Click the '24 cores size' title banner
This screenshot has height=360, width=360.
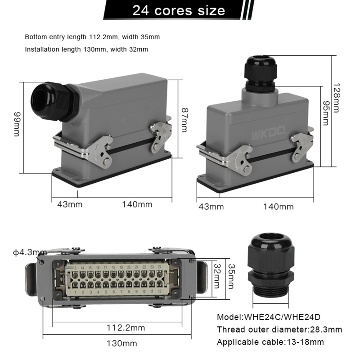click(179, 10)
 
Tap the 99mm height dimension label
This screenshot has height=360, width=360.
click(18, 124)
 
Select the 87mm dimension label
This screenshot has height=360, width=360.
click(184, 120)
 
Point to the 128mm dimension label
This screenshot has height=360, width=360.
click(336, 98)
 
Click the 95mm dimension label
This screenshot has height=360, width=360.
click(325, 113)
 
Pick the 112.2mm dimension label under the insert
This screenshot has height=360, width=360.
click(126, 328)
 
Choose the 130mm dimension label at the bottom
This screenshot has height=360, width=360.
click(121, 343)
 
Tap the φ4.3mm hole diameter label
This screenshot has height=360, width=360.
click(30, 252)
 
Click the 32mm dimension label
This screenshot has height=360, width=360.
click(217, 275)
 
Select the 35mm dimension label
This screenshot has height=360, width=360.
click(231, 276)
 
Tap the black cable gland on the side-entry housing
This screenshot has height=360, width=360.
click(54, 102)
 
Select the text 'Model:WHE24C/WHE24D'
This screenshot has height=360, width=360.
click(268, 317)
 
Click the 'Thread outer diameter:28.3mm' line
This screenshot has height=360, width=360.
click(279, 329)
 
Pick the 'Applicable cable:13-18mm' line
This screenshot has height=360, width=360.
click(270, 342)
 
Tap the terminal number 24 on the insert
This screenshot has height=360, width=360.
click(160, 267)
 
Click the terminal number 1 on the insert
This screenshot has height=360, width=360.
click(75, 292)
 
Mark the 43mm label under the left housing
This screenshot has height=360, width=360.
click(70, 204)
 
